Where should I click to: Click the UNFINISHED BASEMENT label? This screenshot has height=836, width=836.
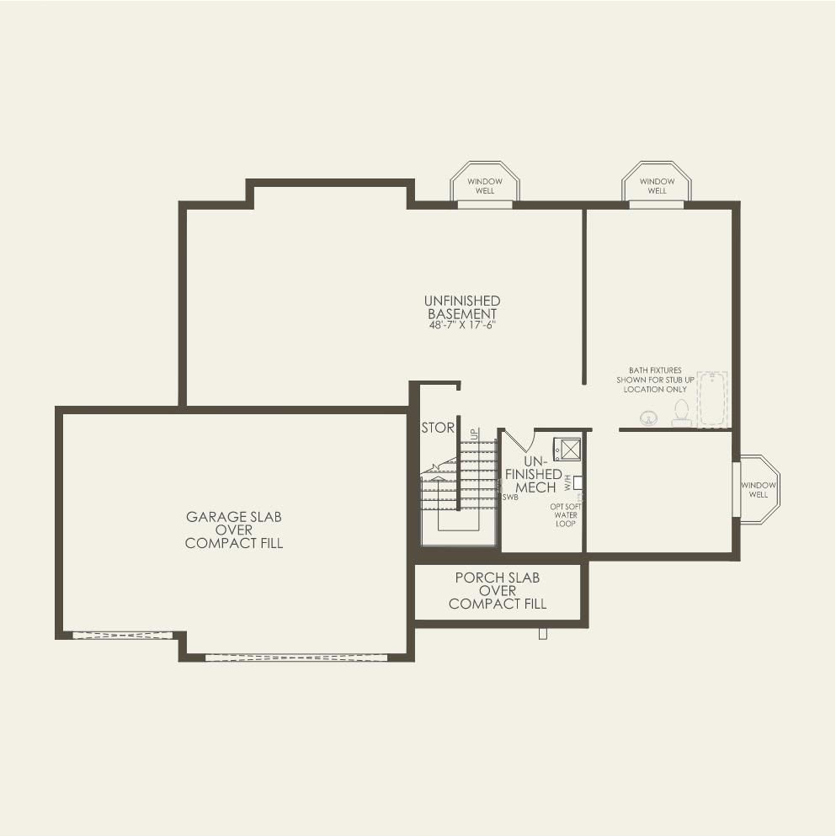click(461, 307)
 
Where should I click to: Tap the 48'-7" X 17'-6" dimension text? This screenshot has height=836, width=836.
click(461, 325)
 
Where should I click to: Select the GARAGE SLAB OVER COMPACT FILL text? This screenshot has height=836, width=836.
click(233, 530)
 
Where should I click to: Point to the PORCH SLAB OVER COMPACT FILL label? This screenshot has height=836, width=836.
click(497, 590)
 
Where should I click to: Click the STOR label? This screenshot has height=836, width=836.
click(437, 428)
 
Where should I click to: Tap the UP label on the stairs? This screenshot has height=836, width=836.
click(474, 434)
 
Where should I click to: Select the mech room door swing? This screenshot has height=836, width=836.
click(519, 440)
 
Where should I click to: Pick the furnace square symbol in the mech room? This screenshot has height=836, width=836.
click(567, 449)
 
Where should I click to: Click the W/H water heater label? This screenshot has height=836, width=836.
click(568, 482)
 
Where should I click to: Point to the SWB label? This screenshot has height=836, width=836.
click(509, 498)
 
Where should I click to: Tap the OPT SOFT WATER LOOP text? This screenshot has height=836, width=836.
click(565, 515)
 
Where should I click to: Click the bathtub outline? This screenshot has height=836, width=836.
click(711, 399)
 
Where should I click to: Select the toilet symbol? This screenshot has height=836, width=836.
click(680, 412)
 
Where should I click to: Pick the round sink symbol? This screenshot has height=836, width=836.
click(649, 416)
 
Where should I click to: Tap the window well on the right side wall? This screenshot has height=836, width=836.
click(759, 489)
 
